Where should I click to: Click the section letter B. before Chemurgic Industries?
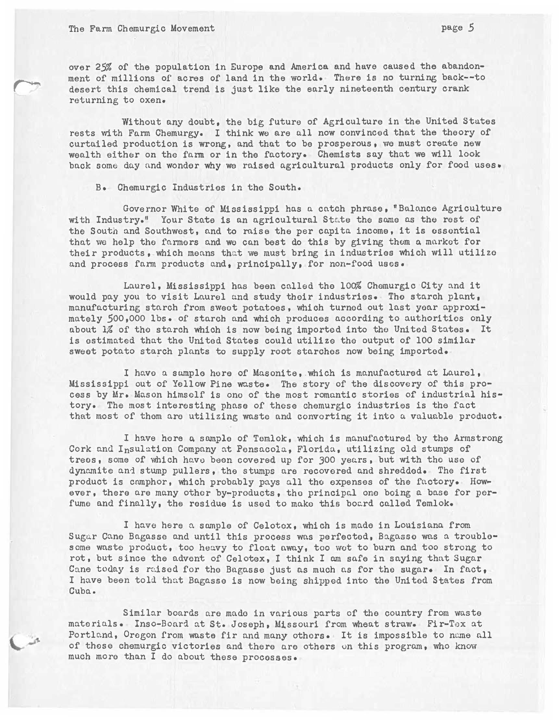(100, 187)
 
